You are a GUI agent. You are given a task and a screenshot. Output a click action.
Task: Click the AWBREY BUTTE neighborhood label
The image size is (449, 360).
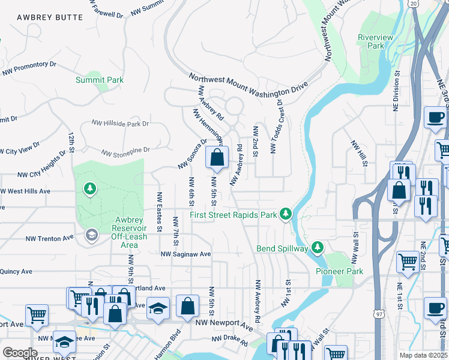tap(50, 17)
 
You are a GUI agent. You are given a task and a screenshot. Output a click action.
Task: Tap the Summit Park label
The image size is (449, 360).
tap(100, 80)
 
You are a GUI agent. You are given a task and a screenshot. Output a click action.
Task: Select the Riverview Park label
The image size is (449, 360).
tap(375, 41)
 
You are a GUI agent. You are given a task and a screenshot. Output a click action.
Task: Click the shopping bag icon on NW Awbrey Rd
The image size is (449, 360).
tap(217, 158)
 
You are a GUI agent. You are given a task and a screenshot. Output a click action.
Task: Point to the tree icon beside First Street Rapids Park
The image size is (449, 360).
tap(287, 214)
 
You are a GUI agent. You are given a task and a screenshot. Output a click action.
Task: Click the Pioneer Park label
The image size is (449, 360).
tap(339, 271)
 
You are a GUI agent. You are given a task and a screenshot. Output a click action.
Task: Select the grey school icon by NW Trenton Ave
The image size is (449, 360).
tap(91, 233)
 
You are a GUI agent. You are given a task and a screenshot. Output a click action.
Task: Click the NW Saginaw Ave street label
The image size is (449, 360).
tap(185, 254)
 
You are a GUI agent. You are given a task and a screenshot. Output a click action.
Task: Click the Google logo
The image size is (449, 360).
tap(20, 353)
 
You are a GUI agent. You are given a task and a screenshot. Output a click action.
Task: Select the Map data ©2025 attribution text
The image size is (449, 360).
tap(424, 355)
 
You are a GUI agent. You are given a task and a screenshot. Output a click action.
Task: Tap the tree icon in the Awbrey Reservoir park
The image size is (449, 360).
tap(90, 190)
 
